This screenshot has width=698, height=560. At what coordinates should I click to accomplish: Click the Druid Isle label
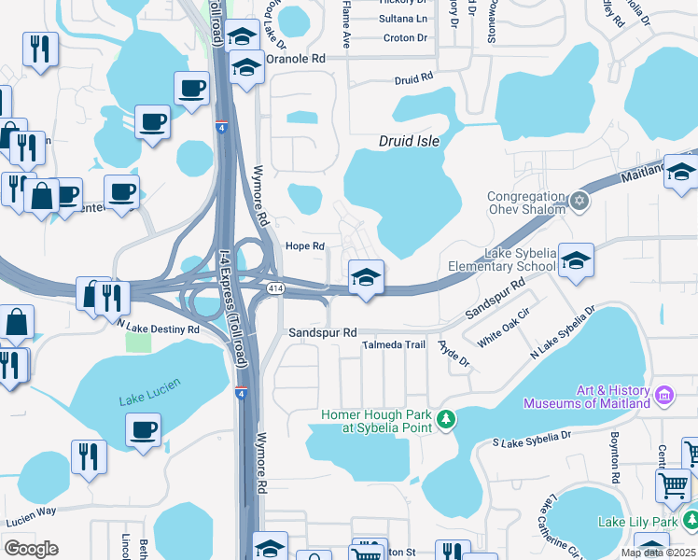409,142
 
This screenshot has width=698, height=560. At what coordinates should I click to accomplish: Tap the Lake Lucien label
150,400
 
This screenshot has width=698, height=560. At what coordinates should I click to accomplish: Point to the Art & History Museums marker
663,396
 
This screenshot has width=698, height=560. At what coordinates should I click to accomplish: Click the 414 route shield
276,289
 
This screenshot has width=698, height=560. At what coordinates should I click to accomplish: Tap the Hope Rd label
304,246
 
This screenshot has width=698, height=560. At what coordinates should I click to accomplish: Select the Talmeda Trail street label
394,345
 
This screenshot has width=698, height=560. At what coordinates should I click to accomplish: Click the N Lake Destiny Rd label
159,329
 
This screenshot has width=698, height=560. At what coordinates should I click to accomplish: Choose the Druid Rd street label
414,79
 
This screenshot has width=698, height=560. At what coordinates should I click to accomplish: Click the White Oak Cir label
504,328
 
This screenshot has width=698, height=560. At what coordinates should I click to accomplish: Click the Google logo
32,548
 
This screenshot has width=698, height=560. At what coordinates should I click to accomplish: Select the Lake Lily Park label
650,522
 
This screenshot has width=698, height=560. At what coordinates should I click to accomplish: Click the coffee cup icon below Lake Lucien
143,429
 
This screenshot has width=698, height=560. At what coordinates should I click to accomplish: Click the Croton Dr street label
405,38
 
